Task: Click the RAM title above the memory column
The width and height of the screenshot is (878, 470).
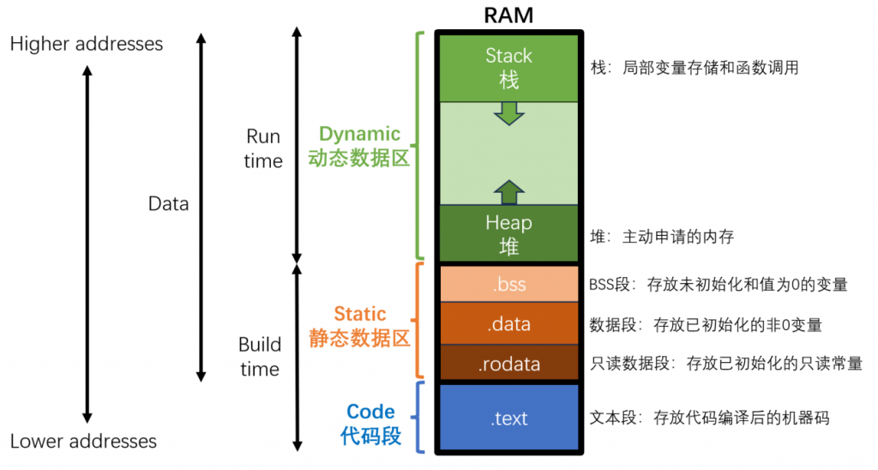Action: [508, 15]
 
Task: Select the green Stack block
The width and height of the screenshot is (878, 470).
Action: [508, 68]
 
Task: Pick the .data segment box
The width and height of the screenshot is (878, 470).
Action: [508, 324]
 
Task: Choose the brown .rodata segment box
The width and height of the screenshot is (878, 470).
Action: [508, 364]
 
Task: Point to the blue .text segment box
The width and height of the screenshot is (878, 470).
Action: [508, 418]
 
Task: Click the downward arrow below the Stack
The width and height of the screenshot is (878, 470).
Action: [508, 112]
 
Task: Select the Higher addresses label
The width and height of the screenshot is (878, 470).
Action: [87, 43]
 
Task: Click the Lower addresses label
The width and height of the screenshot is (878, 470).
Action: [83, 442]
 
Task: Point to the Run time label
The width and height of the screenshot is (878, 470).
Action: [263, 148]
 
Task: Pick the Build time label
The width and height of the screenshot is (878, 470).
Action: [260, 357]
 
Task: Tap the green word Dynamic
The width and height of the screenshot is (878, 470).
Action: [359, 134]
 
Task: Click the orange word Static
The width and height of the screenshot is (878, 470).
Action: [360, 314]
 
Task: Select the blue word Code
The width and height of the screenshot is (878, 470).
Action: [370, 412]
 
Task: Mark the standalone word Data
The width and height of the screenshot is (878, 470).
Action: [168, 204]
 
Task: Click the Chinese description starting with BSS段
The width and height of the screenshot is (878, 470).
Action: [719, 285]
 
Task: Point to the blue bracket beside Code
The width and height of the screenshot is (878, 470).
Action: [419, 418]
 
